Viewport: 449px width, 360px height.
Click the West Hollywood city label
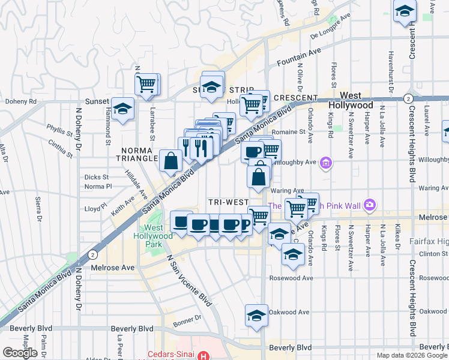tap(358, 100)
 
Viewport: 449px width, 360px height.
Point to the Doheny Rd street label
tap(20, 101)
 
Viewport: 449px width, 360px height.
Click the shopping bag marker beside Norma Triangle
tap(171, 160)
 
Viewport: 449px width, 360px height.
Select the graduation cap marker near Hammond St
tap(123, 109)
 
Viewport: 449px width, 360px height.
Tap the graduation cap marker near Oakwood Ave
tap(256, 315)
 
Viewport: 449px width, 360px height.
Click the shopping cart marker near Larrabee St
tap(146, 84)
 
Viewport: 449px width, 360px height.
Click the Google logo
tap(20, 352)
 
